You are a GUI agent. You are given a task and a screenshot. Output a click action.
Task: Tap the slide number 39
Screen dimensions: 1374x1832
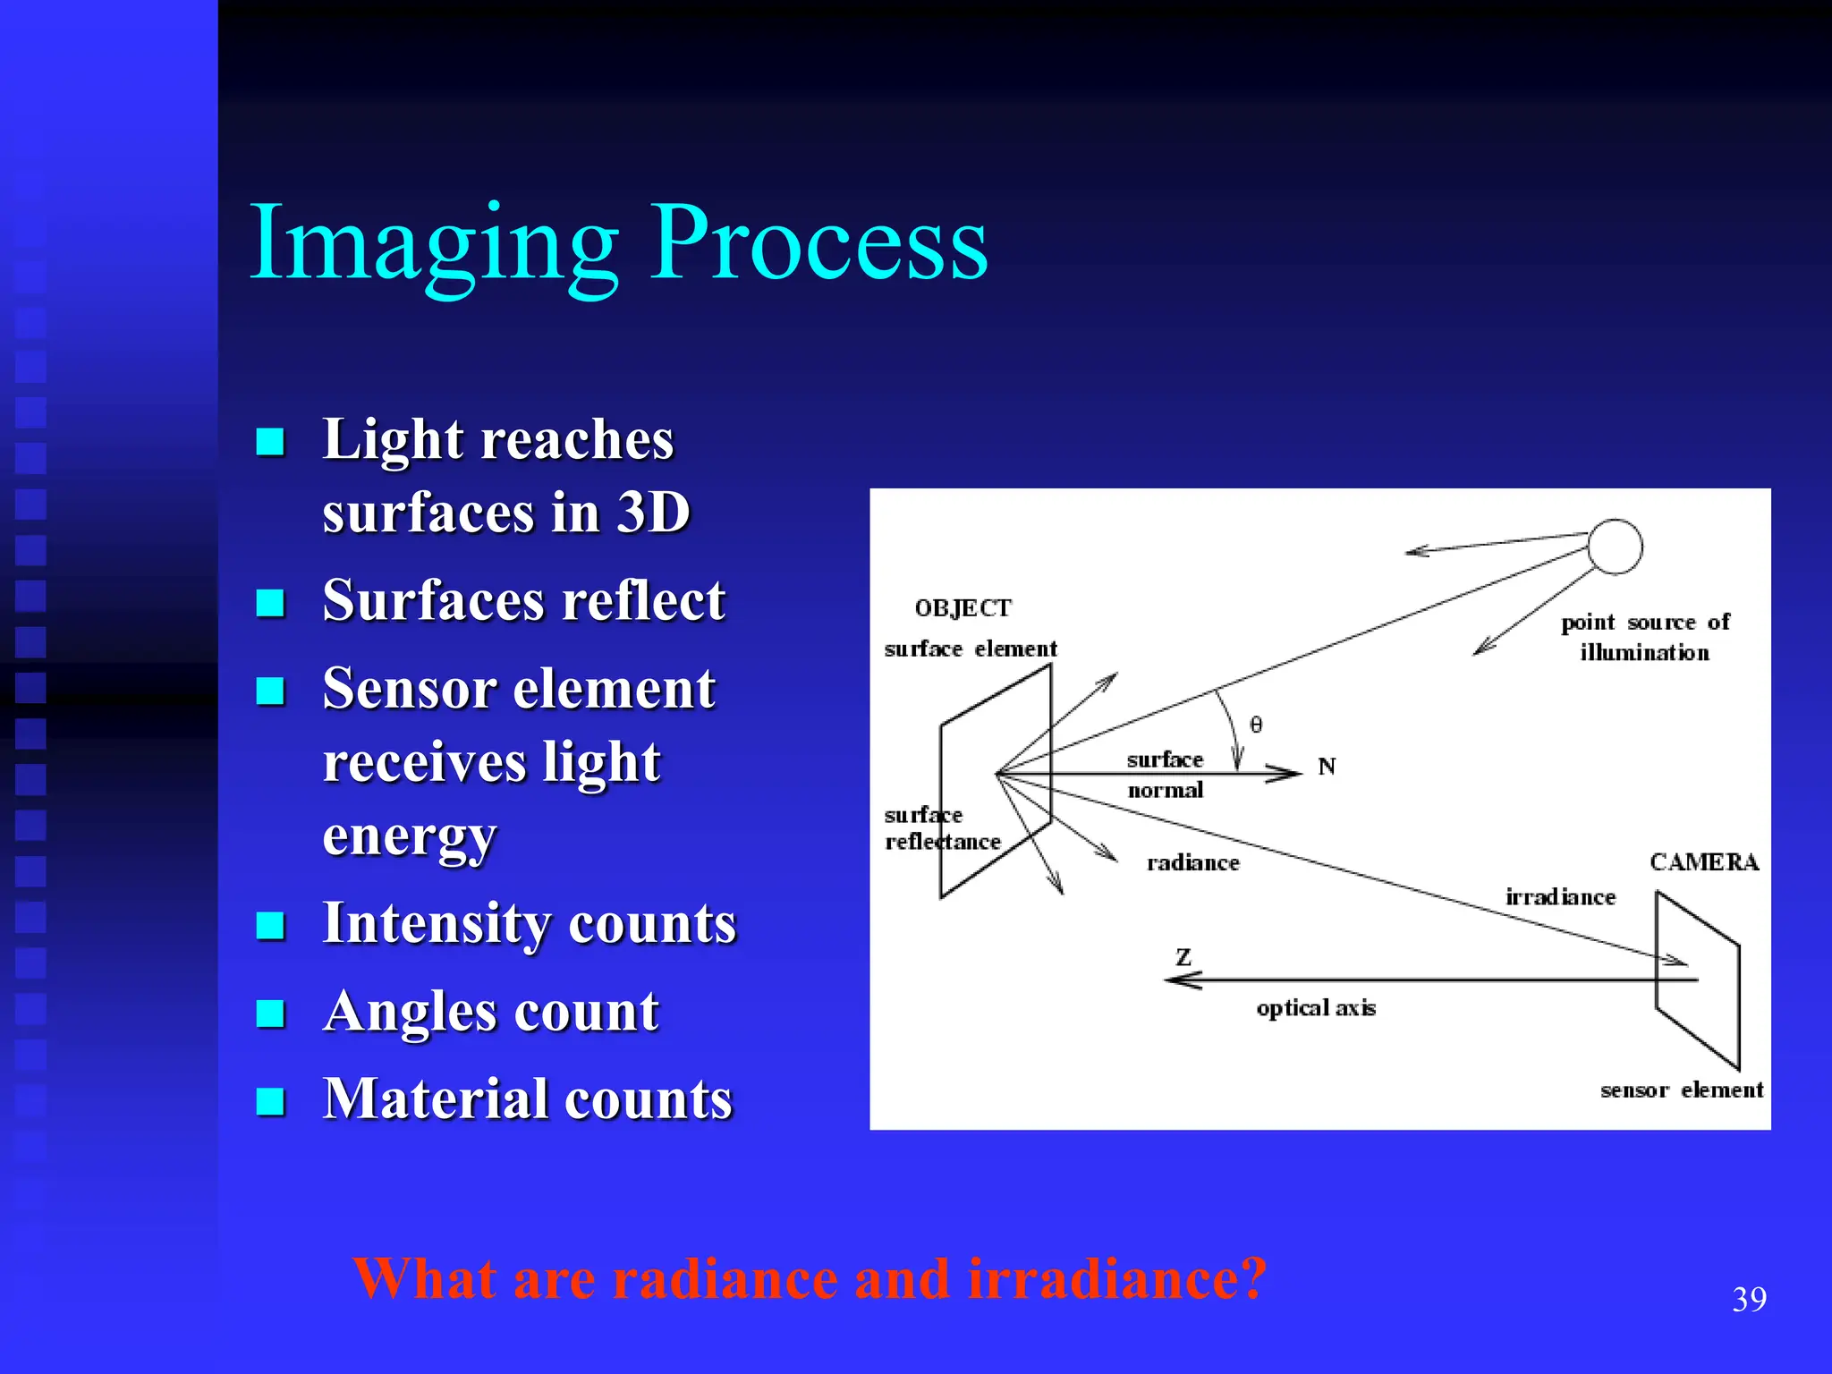(x=1749, y=1300)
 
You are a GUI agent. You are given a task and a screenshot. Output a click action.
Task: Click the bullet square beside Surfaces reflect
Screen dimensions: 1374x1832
(x=270, y=603)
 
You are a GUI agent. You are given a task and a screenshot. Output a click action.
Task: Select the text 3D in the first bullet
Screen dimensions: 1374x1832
(x=654, y=513)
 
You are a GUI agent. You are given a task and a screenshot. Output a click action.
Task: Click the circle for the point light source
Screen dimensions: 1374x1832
(x=1615, y=547)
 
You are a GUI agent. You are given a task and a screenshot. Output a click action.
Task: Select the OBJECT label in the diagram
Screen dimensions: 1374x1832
(x=963, y=608)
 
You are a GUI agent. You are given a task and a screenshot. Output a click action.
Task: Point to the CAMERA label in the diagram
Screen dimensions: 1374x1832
(x=1704, y=862)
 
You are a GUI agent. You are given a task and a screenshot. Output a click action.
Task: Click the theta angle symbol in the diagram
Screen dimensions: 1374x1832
(x=1256, y=725)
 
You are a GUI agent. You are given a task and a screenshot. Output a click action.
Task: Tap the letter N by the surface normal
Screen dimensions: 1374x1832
(x=1327, y=767)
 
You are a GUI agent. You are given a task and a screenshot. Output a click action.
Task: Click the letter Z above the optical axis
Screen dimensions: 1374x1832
(x=1183, y=957)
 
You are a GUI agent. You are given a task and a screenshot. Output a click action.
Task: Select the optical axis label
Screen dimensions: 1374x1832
(x=1315, y=1008)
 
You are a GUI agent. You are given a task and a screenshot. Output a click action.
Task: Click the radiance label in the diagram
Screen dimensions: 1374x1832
(x=1193, y=863)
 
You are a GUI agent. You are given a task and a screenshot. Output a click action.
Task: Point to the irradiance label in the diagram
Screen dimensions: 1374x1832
(x=1560, y=897)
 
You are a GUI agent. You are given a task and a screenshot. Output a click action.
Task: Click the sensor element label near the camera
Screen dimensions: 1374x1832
(x=1681, y=1090)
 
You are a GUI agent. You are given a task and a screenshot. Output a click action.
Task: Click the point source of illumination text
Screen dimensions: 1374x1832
(x=1645, y=637)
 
